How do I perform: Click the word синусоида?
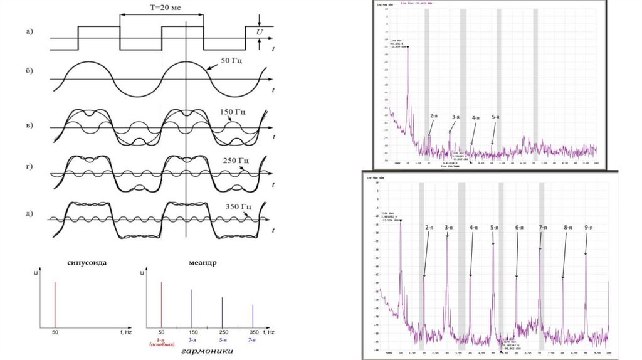(85, 263)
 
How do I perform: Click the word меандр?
(200, 263)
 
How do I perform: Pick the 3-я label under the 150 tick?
(192, 339)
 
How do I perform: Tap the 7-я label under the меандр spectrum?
(253, 339)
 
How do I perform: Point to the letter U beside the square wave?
(260, 30)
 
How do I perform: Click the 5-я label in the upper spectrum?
(495, 117)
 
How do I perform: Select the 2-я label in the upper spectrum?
(434, 116)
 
